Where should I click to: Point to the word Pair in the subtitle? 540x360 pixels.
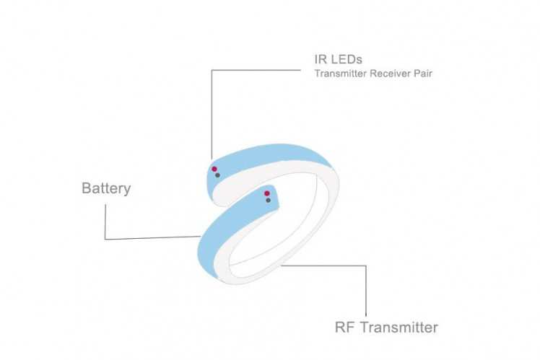point(423,74)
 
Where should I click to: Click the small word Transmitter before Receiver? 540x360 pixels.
point(340,74)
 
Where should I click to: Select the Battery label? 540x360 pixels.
point(106,188)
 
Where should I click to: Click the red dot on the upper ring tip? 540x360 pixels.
point(214,169)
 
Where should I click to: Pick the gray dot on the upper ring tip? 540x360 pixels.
point(217,175)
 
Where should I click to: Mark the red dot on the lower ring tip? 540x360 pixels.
point(267,193)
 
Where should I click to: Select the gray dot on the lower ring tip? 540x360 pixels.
point(268,200)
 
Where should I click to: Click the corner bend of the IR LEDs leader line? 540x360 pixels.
point(212,70)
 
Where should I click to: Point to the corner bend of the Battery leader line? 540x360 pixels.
point(105,238)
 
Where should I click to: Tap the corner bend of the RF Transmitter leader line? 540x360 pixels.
point(366,265)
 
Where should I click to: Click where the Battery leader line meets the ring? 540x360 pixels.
point(200,236)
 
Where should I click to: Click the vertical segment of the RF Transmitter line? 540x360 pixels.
point(366,289)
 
